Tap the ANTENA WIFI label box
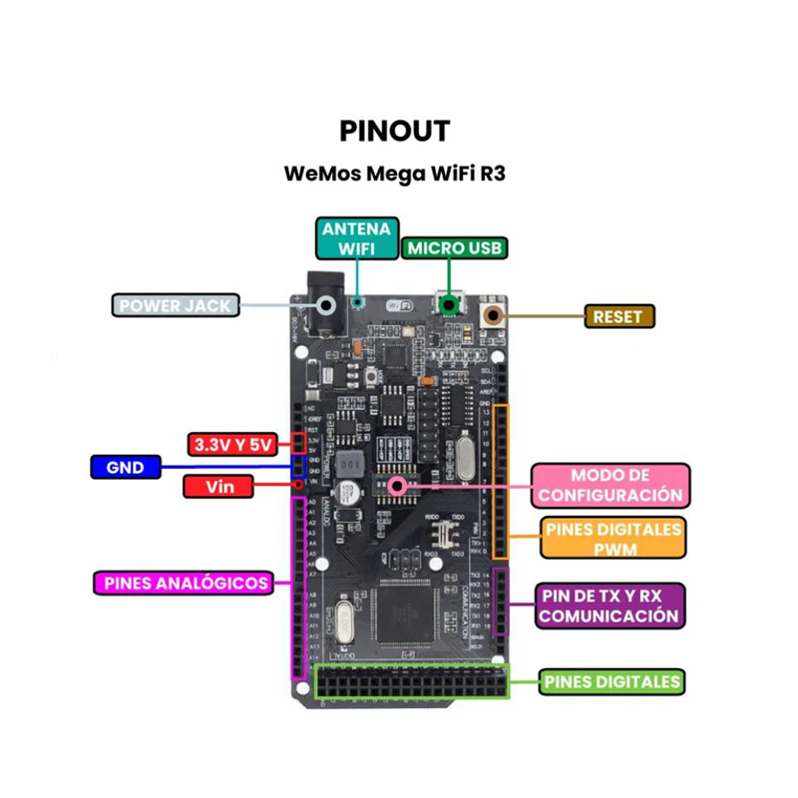tap(357, 238)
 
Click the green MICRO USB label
tap(455, 248)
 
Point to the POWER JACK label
tap(175, 305)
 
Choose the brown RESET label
tap(618, 317)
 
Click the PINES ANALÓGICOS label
tap(183, 583)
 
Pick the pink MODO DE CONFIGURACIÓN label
tap(610, 485)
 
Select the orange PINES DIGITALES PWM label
tap(613, 539)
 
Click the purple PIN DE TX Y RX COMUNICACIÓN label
tap(609, 605)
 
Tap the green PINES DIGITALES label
tap(612, 682)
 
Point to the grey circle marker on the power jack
tap(324, 305)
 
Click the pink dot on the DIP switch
tap(398, 486)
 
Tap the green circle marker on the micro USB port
tap(451, 304)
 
